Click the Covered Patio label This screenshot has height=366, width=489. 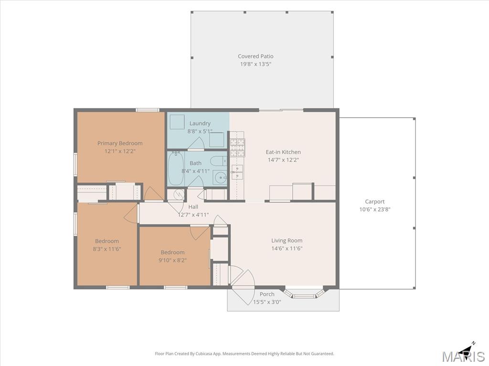coord(255,56)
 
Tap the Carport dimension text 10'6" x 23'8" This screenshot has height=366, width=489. coord(374,210)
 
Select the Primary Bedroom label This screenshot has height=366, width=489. coord(120,143)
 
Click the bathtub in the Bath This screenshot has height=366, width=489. coord(176,168)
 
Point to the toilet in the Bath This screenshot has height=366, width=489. coord(218,161)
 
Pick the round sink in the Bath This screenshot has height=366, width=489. coord(221,178)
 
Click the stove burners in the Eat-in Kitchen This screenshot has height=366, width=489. coord(238,147)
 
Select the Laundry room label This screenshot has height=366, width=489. coord(200,123)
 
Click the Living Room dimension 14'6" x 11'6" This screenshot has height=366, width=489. coord(287,248)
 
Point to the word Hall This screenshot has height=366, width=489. coord(193,207)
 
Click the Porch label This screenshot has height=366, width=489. coord(267,294)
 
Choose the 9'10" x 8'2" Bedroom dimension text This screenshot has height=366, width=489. coord(172,260)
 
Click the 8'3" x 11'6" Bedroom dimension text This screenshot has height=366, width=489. coord(106,249)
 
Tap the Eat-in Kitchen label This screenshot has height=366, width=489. coord(283,152)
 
